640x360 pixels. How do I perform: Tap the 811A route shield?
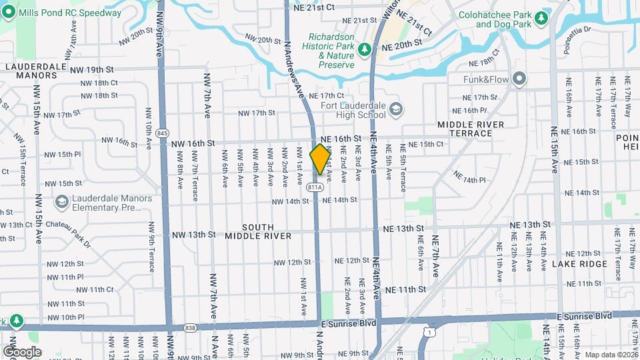click(315, 187)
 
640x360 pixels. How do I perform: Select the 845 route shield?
click(162, 133)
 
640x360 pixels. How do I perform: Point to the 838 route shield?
click(191, 327)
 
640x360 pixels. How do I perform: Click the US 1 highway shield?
click(431, 332)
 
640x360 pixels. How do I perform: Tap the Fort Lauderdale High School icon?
click(396, 109)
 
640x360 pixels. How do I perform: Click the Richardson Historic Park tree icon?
click(364, 49)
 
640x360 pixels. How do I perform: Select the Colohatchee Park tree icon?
click(541, 17)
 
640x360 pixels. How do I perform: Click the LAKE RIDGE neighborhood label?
click(579, 264)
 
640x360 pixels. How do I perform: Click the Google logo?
click(22, 351)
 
